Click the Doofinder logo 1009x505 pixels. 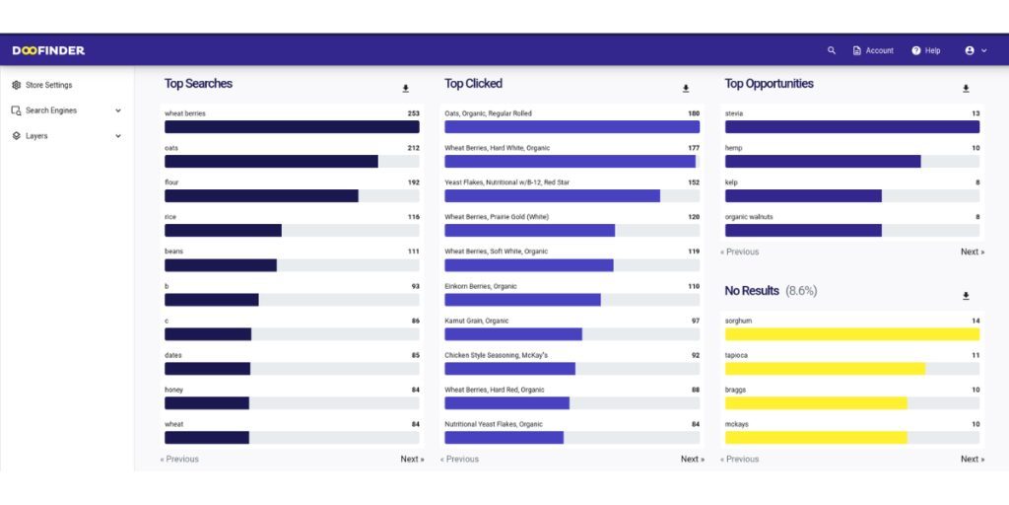point(48,50)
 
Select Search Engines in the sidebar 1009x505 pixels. point(50,110)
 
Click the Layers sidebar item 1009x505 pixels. point(36,136)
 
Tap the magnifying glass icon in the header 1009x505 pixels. point(832,50)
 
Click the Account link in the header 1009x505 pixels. point(873,50)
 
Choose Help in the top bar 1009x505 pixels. point(926,50)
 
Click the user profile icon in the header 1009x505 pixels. point(970,50)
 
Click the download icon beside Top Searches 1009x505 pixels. point(405,89)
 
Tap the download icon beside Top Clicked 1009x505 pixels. point(686,89)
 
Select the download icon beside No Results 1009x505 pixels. point(966,296)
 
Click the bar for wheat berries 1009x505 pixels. point(292,127)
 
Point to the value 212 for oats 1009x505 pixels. point(413,148)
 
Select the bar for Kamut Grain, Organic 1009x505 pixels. point(513,334)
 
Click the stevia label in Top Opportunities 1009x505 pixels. point(734,113)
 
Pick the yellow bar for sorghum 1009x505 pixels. point(852,334)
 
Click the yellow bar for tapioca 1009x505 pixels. point(825,369)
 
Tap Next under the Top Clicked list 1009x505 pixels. point(692,459)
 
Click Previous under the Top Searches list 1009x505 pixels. point(179,459)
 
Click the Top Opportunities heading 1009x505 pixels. point(769,84)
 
